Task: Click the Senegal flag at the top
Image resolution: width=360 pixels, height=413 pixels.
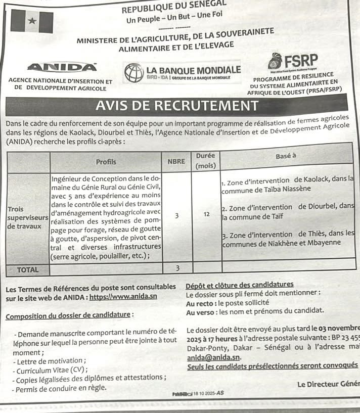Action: tap(32, 21)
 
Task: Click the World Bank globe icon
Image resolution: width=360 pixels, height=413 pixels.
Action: tap(133, 72)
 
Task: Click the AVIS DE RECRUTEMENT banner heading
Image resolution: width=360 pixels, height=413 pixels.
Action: tap(176, 106)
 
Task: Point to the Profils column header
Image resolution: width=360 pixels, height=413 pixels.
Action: tap(106, 162)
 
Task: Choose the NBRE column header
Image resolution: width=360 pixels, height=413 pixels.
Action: tap(176, 162)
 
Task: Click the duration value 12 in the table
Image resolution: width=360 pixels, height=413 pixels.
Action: tap(206, 214)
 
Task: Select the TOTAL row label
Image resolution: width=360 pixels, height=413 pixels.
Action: tap(28, 270)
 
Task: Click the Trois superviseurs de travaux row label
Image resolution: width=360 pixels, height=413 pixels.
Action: tap(28, 217)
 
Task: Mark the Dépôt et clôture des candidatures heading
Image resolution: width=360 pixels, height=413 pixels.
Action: tap(240, 285)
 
